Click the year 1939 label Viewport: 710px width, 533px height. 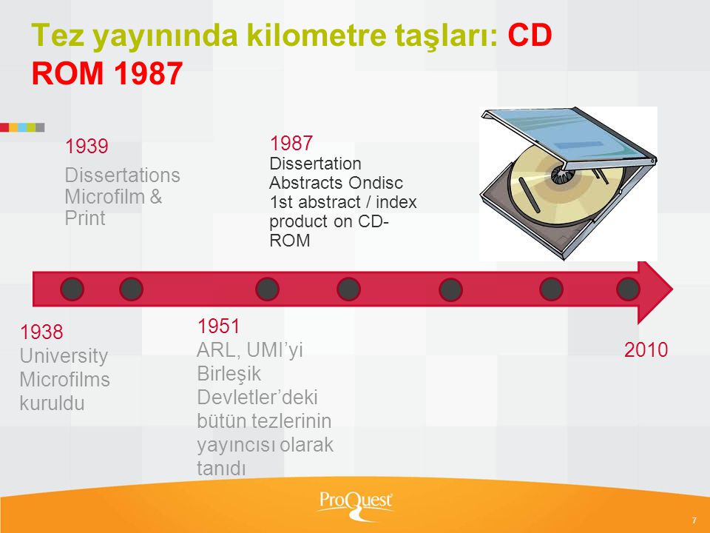87,147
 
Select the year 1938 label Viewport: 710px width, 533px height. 41,332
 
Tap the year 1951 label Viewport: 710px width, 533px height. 218,326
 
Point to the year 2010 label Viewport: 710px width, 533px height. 646,350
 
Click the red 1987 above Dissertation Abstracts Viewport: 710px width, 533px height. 291,143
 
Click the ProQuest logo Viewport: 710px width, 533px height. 355,504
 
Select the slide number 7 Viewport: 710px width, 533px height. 694,520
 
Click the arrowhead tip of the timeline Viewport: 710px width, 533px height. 673,289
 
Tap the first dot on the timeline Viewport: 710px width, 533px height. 72,289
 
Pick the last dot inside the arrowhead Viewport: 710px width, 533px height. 628,289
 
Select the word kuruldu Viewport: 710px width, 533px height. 52,403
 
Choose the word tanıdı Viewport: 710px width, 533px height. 221,468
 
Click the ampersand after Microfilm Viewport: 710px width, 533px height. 156,197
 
